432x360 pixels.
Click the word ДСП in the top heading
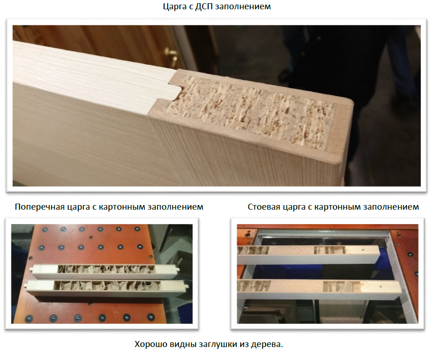click(x=204, y=6)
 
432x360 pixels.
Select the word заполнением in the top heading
click(x=243, y=6)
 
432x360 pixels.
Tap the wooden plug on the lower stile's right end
click(x=380, y=288)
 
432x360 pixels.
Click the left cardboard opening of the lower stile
click(x=254, y=286)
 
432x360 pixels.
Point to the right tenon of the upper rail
click(x=178, y=270)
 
